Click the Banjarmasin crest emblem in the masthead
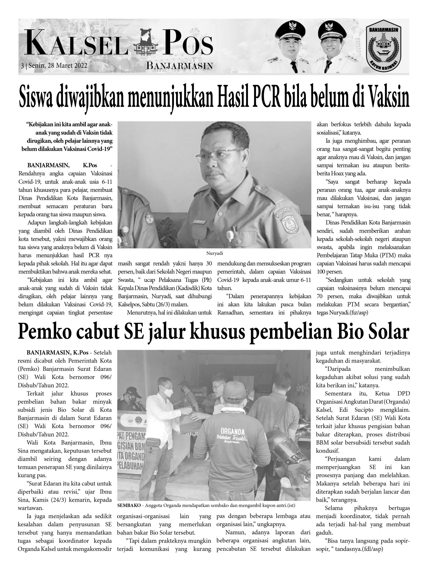pos(384,47)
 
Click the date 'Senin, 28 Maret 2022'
pos(58,66)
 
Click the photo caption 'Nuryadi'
pos(214,253)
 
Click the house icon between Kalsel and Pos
pos(144,43)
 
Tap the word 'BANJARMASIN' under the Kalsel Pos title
pos(179,66)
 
